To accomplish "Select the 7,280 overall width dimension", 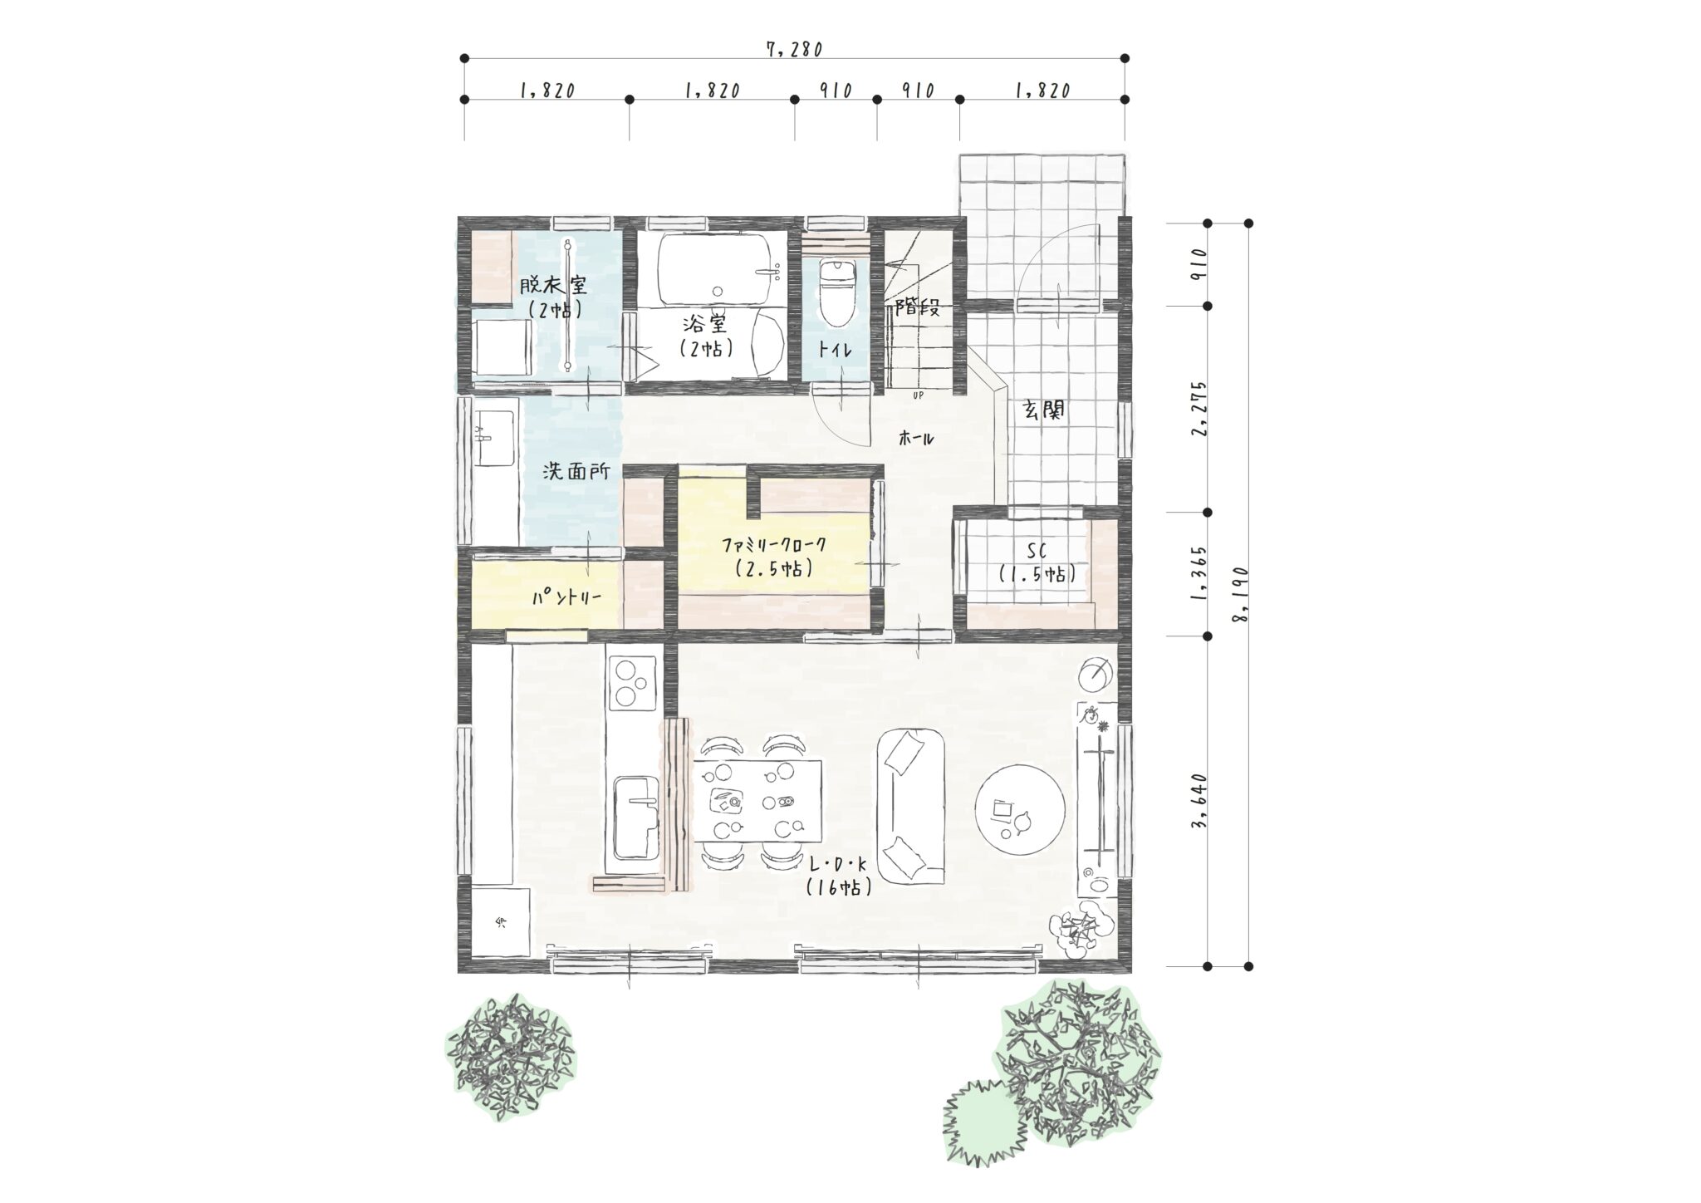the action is pos(794,49).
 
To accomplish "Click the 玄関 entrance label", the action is pos(1043,410).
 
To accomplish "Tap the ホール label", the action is pos(917,439).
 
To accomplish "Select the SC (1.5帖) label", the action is pos(1035,562).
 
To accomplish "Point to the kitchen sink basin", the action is pos(635,821).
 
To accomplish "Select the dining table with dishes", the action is pos(757,802).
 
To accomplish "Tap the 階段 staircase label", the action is pos(917,307).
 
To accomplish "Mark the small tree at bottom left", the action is pos(510,1058).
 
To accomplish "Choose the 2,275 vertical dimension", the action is pos(1199,408).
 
